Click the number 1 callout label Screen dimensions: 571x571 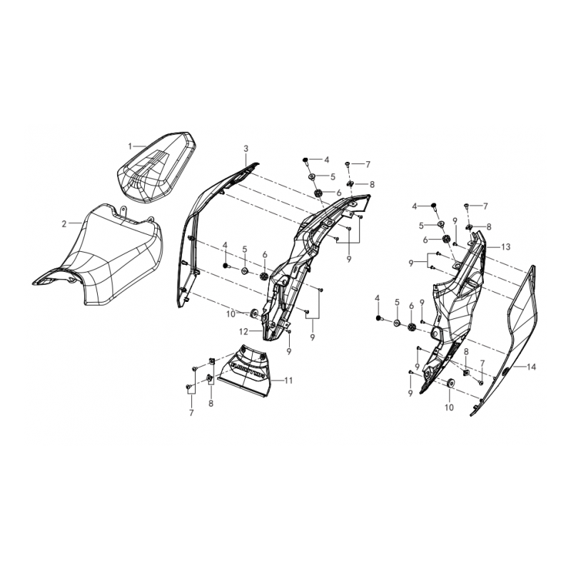point(131,146)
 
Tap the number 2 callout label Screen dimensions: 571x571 point(64,223)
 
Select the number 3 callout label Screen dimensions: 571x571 point(246,148)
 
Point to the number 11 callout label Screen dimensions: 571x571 point(289,380)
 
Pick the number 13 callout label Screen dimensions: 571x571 point(505,246)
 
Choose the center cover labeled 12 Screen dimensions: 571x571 point(293,264)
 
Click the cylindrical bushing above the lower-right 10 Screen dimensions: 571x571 point(450,386)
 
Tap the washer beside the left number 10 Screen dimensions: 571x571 point(256,312)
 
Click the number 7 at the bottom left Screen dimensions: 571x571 point(191,413)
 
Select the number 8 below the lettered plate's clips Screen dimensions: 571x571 point(211,404)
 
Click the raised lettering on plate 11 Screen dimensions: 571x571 point(247,370)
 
